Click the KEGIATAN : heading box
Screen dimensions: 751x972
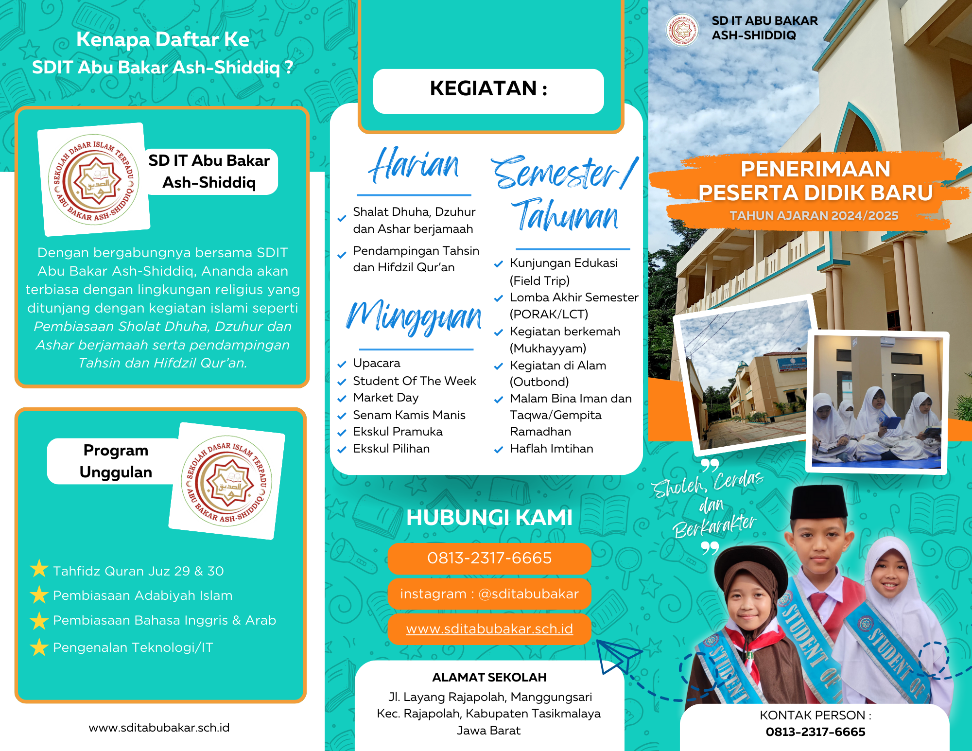tap(488, 91)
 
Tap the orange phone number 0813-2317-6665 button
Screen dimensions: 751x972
tap(489, 558)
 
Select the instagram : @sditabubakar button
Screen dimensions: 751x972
tap(489, 594)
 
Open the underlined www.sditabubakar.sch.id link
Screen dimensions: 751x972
tap(489, 629)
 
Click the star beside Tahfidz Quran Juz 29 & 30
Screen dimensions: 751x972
tap(39, 569)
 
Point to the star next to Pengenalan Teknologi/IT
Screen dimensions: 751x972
tap(39, 646)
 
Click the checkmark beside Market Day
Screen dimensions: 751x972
tap(342, 399)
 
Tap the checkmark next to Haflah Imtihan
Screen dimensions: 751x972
tap(498, 450)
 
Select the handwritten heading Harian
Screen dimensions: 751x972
tap(414, 165)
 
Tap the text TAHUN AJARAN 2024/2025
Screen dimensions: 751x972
tap(814, 215)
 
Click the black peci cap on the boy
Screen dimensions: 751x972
tap(818, 502)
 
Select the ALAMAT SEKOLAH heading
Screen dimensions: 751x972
tap(489, 677)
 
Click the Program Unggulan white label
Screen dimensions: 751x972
tap(115, 461)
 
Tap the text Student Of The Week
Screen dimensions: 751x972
tap(414, 381)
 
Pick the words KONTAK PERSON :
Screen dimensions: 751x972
tap(815, 715)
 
